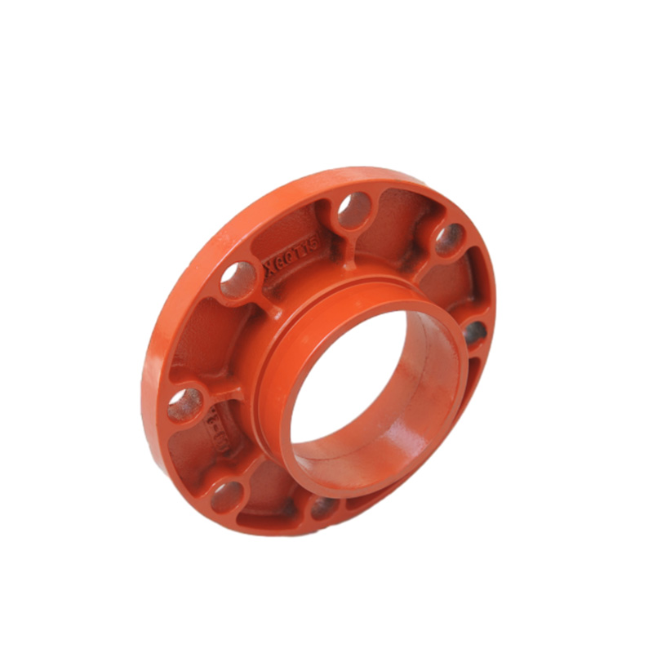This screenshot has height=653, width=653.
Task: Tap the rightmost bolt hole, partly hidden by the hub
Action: pyautogui.click(x=473, y=333)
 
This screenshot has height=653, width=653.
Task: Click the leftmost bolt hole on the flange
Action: pyautogui.click(x=184, y=403)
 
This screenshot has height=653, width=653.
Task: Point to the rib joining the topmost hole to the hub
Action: pyautogui.click(x=349, y=253)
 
